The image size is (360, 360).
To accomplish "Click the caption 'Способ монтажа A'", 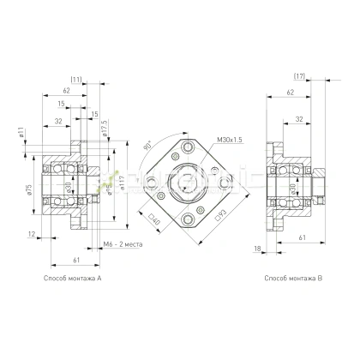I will pyautogui.click(x=71, y=279).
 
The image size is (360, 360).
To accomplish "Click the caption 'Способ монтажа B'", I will pyautogui.click(x=293, y=279).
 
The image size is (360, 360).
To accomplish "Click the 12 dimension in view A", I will pyautogui.click(x=31, y=234).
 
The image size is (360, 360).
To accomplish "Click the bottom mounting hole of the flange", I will pyautogui.click(x=187, y=223).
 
